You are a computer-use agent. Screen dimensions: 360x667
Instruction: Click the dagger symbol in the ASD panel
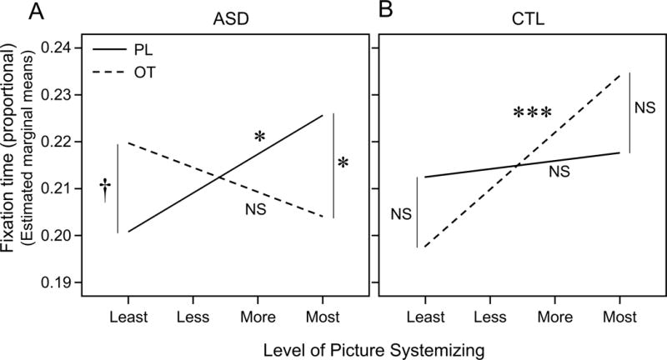point(104,188)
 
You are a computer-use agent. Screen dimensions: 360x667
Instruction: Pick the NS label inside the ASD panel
point(255,209)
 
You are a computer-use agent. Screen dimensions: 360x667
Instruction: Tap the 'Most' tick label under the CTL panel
point(619,318)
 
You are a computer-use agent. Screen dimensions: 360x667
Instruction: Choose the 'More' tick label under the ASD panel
point(258,318)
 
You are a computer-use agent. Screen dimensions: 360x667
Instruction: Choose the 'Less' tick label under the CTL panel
point(489,318)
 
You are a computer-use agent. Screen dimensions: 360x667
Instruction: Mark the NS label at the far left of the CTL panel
point(402,214)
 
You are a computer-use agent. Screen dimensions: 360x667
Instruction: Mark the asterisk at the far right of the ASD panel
point(344,164)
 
